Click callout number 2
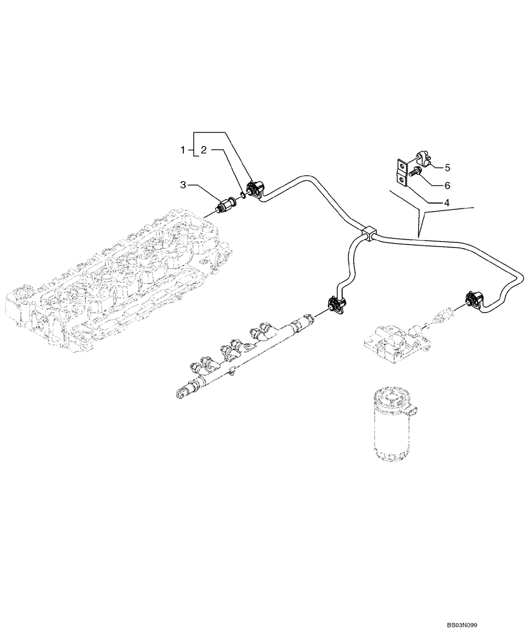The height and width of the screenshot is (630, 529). click(x=203, y=150)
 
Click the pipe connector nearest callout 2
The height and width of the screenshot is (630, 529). click(x=256, y=188)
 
